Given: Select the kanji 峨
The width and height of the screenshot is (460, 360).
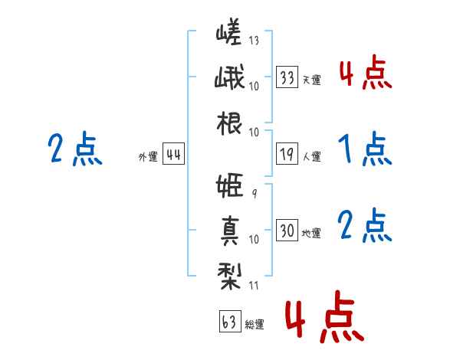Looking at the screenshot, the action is click(x=229, y=77).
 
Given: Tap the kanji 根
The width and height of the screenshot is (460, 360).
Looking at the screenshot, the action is click(x=229, y=123).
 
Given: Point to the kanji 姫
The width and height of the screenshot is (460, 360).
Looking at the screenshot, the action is click(x=229, y=185).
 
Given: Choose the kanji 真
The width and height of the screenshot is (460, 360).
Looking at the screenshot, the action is click(x=230, y=231).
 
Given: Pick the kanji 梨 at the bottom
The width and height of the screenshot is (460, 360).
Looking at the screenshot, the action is click(x=229, y=277).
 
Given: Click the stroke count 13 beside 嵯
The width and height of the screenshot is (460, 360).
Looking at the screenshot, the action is click(x=254, y=40).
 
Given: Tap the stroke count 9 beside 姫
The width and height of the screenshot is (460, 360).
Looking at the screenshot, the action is click(x=255, y=193).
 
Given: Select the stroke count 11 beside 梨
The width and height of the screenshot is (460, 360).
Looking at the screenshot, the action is click(x=254, y=285).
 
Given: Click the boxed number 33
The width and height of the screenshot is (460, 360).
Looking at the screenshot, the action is click(x=287, y=77).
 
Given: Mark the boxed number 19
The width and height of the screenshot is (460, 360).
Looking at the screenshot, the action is click(x=287, y=154).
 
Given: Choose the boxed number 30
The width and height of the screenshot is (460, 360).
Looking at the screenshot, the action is click(x=287, y=230).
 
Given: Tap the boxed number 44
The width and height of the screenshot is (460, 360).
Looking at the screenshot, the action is click(x=173, y=154).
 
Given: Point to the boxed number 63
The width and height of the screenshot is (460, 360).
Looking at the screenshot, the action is click(x=230, y=321).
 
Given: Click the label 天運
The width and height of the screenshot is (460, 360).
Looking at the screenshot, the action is click(x=312, y=80).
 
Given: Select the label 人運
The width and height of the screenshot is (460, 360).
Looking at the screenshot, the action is click(x=312, y=156).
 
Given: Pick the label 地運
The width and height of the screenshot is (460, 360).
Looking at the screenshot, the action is click(x=311, y=233).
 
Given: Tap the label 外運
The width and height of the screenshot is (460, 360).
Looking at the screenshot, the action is click(x=148, y=156).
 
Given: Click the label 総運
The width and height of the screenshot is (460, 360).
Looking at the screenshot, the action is click(x=255, y=324).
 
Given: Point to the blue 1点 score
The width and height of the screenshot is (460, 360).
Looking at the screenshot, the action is click(x=365, y=149).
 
